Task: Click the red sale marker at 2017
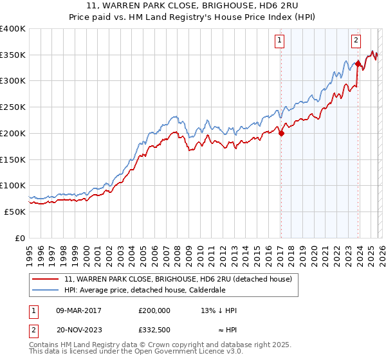pos(280,133)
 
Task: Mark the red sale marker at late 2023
pos(357,63)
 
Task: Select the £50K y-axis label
pos(15,212)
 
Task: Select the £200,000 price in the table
pos(154,310)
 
